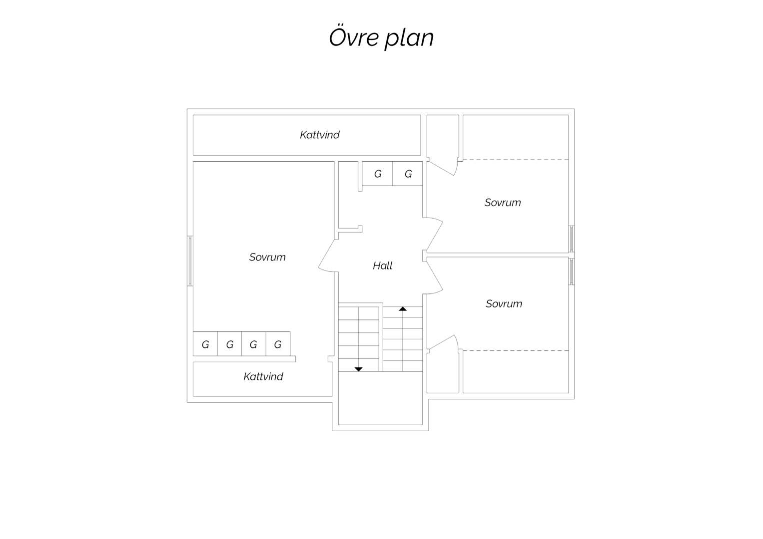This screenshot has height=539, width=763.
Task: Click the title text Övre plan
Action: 381,37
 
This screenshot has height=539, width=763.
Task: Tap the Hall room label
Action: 383,266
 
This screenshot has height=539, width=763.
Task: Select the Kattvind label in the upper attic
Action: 319,135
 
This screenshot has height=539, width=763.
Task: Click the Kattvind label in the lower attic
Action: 263,376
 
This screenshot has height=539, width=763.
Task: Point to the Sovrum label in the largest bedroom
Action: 267,257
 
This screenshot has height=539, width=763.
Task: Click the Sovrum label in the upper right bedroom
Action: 503,203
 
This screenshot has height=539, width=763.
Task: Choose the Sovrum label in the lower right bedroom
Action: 504,303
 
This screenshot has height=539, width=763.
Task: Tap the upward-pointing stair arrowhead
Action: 403,308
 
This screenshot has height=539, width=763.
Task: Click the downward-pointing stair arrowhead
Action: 358,369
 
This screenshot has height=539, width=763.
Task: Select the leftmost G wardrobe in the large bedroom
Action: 205,344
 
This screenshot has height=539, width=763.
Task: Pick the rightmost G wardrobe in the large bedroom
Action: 278,344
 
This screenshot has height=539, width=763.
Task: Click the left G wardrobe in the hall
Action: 377,174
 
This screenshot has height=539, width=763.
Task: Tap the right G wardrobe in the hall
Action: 408,174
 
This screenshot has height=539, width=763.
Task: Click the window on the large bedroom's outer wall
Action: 190,261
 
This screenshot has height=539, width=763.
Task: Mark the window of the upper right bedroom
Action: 572,239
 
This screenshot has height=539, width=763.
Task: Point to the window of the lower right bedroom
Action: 572,271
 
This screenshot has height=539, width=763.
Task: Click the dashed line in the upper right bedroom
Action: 516,159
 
